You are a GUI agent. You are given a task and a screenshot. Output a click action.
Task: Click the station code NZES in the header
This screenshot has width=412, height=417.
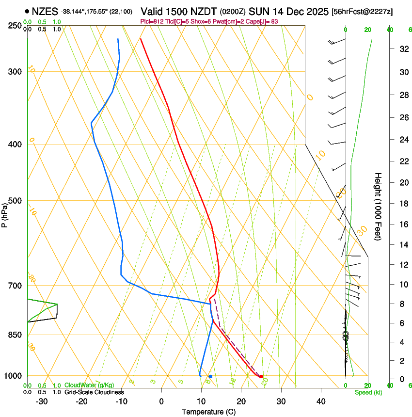(x=45, y=11)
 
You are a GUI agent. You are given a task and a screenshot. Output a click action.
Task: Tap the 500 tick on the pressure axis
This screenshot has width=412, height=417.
(x=15, y=201)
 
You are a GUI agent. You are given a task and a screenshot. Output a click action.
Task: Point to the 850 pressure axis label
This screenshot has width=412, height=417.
(x=15, y=335)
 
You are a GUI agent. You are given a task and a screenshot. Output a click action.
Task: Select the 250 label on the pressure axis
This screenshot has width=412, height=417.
(x=15, y=25)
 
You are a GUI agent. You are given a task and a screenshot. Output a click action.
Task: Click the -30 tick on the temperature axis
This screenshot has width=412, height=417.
(x=42, y=401)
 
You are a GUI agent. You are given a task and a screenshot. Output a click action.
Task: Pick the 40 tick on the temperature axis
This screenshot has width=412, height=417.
(x=321, y=401)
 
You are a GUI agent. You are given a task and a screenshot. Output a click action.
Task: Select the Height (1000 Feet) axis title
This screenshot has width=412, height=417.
(x=378, y=207)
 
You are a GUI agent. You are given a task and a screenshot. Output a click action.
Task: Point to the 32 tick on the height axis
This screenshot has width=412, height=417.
(x=402, y=49)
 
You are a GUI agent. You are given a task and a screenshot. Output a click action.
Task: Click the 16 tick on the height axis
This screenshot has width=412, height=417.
(x=402, y=225)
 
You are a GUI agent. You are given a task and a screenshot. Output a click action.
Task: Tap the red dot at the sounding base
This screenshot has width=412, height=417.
(x=261, y=376)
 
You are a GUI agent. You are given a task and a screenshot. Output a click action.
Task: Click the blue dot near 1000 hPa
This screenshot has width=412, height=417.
(x=210, y=376)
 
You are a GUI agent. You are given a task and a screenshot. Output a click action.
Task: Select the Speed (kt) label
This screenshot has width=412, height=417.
(x=365, y=392)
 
